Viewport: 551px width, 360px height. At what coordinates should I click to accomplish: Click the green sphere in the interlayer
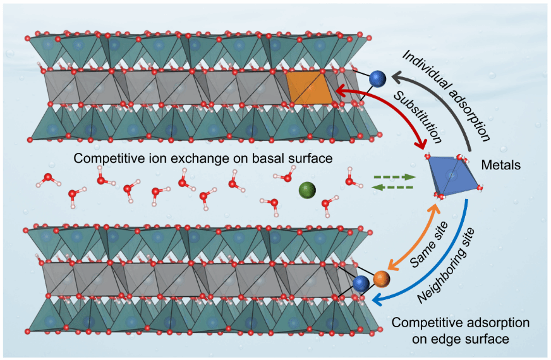(308, 189)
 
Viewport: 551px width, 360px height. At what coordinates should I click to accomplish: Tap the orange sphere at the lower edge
(381, 278)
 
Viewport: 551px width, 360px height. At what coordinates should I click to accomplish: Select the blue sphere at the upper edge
(377, 78)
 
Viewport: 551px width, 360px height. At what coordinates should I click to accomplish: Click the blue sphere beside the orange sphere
(362, 284)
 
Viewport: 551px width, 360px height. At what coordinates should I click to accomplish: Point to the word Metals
(509, 165)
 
